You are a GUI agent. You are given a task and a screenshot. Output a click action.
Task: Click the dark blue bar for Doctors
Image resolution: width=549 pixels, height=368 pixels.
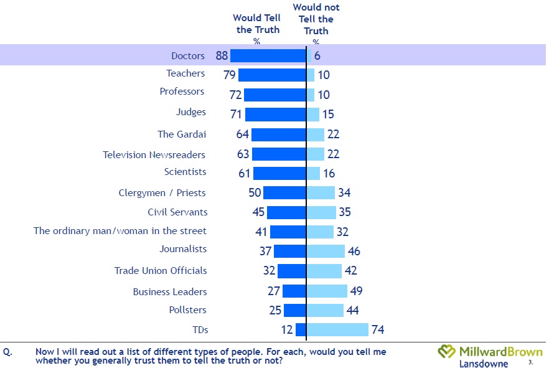click(268, 55)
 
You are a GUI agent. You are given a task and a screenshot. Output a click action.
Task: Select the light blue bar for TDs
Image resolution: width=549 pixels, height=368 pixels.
click(337, 330)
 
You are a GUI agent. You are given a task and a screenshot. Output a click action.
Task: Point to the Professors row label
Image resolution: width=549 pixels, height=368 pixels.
click(182, 92)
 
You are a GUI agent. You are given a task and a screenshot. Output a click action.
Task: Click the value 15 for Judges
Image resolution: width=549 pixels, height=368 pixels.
click(329, 115)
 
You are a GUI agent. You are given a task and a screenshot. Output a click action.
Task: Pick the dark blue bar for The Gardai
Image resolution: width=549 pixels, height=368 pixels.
click(278, 134)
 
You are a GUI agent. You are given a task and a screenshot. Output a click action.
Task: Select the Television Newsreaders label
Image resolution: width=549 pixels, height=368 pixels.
click(154, 154)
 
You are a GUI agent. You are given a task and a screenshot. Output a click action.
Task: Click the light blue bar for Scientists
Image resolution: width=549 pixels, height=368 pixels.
click(313, 173)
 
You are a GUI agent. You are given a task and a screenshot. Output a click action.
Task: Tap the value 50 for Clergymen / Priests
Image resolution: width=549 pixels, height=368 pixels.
click(255, 192)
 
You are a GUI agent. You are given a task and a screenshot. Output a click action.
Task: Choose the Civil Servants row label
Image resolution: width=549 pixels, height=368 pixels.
click(177, 212)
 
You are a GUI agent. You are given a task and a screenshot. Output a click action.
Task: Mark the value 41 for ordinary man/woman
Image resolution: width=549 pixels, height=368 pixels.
click(261, 232)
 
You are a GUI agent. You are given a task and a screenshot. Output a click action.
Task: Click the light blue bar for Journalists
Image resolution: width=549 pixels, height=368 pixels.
click(326, 251)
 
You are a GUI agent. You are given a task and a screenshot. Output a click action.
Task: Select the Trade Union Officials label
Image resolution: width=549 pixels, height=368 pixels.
click(161, 271)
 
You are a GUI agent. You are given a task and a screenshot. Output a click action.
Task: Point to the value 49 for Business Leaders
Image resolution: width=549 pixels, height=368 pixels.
click(356, 291)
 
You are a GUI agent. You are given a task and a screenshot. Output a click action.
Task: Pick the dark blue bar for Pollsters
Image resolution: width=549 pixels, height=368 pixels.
click(294, 310)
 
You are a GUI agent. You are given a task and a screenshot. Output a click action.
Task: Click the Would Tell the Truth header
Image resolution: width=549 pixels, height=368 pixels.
click(256, 24)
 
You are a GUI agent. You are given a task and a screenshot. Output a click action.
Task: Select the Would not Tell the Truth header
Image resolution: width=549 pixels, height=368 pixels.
click(316, 19)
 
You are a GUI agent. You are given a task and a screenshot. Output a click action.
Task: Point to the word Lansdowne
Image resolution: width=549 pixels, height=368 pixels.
click(483, 364)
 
